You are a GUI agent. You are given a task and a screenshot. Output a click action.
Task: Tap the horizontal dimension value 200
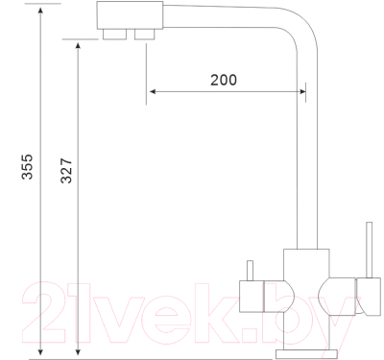pos(223,80)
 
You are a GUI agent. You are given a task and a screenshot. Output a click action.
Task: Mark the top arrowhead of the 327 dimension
pos(80,44)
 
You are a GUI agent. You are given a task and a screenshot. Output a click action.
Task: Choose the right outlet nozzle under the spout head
pos(145,36)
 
